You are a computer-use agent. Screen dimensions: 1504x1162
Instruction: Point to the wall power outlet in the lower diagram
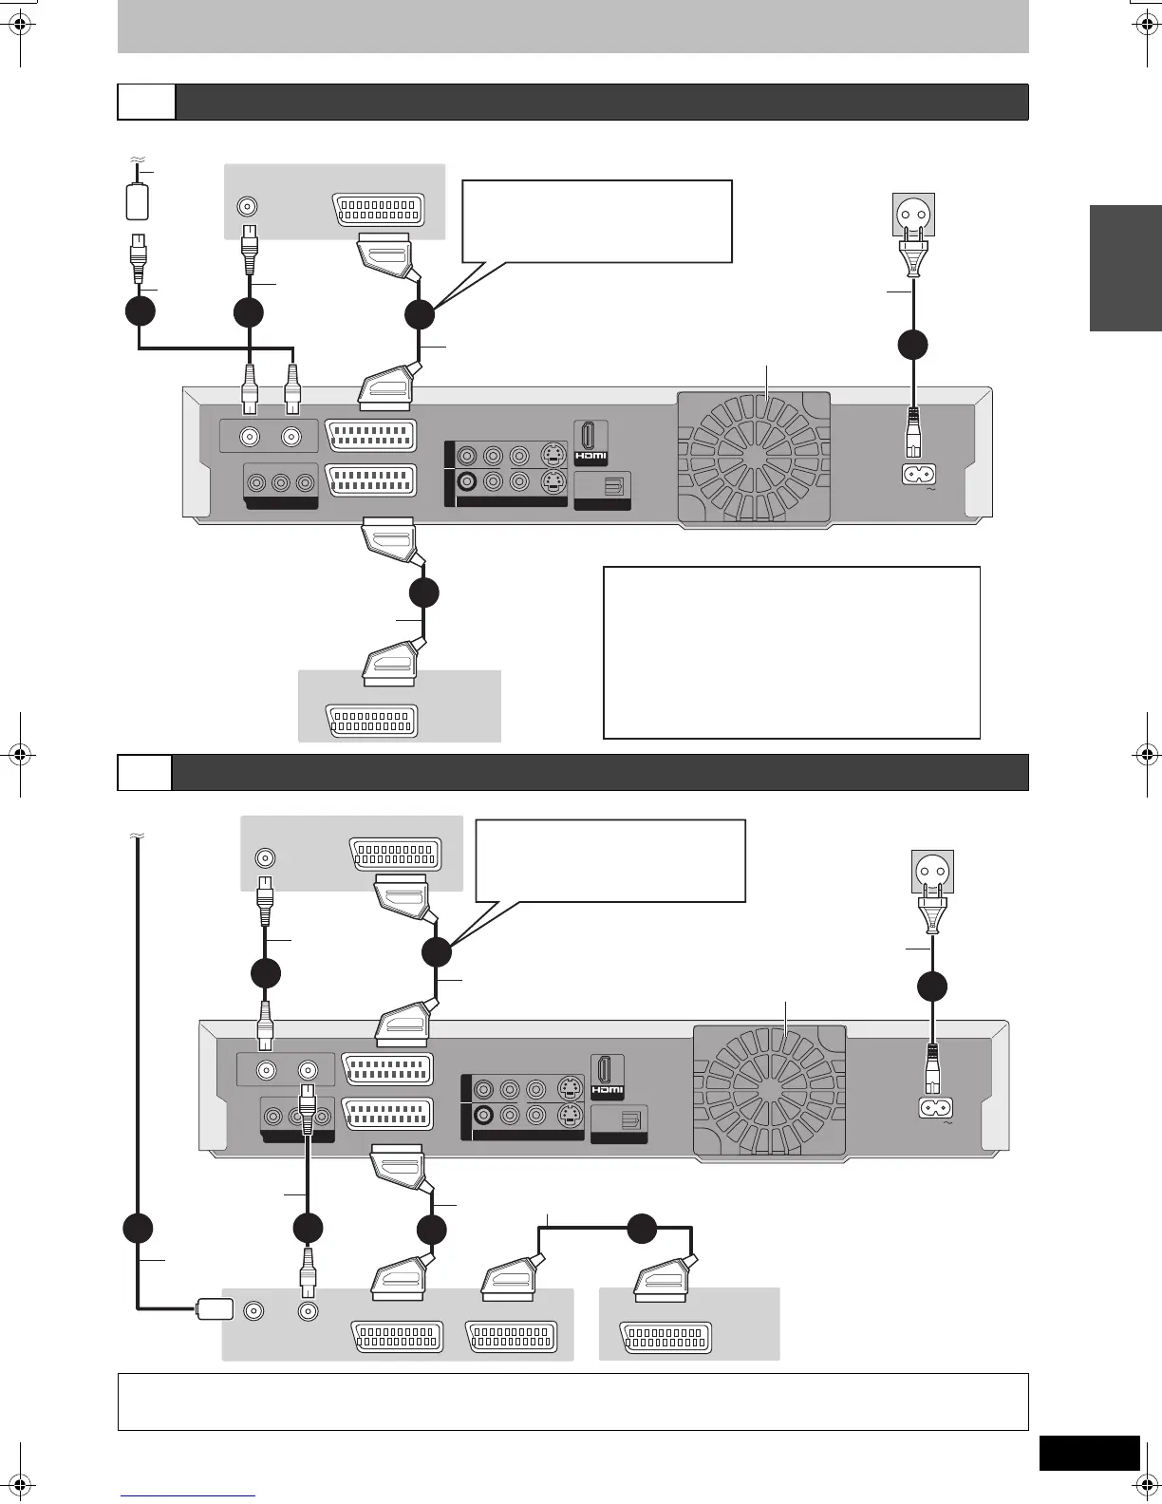click(x=932, y=872)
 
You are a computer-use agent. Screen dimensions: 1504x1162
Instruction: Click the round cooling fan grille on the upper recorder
click(x=754, y=457)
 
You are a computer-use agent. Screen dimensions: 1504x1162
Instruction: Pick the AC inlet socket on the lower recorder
click(x=935, y=1107)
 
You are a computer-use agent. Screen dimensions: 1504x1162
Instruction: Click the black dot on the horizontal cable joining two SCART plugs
click(x=642, y=1228)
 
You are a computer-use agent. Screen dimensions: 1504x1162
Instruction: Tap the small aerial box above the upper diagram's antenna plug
click(x=138, y=201)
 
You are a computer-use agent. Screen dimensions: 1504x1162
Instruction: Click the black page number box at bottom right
click(x=1089, y=1453)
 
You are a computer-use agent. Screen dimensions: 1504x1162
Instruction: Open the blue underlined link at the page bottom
click(x=188, y=1496)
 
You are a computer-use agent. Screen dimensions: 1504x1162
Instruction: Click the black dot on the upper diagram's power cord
click(x=912, y=344)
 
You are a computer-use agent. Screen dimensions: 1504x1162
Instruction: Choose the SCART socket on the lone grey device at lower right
click(x=665, y=1336)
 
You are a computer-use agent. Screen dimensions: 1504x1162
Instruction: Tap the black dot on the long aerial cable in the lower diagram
click(x=140, y=1228)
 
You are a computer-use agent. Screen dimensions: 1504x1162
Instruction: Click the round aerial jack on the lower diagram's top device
click(x=266, y=858)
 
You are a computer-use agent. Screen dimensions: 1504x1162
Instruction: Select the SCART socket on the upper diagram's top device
click(x=378, y=209)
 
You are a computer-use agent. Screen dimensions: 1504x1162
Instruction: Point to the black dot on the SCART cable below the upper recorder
click(x=424, y=592)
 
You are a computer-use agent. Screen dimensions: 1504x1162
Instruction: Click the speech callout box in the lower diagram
click(x=610, y=860)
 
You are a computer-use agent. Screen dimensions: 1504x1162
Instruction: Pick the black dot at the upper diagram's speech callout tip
click(x=420, y=314)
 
